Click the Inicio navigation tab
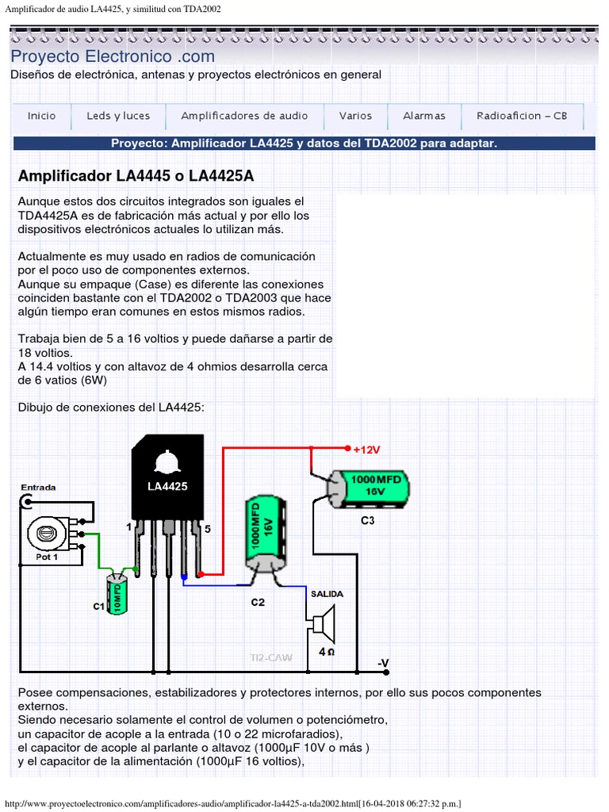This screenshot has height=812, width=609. tap(42, 116)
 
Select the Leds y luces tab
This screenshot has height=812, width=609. tap(118, 116)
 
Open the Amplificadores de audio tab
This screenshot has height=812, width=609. tap(244, 116)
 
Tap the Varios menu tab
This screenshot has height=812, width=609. tap(355, 116)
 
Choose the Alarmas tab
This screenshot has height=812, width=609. tap(424, 116)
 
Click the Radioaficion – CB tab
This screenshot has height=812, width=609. tap(522, 116)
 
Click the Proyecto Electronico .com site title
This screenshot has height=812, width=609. tap(113, 56)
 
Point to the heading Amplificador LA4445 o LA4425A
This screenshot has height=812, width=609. tap(136, 175)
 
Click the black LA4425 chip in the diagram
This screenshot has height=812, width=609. tap(167, 485)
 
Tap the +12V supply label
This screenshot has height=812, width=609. tap(366, 450)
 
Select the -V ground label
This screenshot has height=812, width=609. tap(382, 663)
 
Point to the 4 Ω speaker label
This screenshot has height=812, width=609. tap(326, 652)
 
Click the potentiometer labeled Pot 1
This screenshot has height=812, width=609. tap(48, 535)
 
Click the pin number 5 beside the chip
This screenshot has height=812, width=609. tap(208, 528)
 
